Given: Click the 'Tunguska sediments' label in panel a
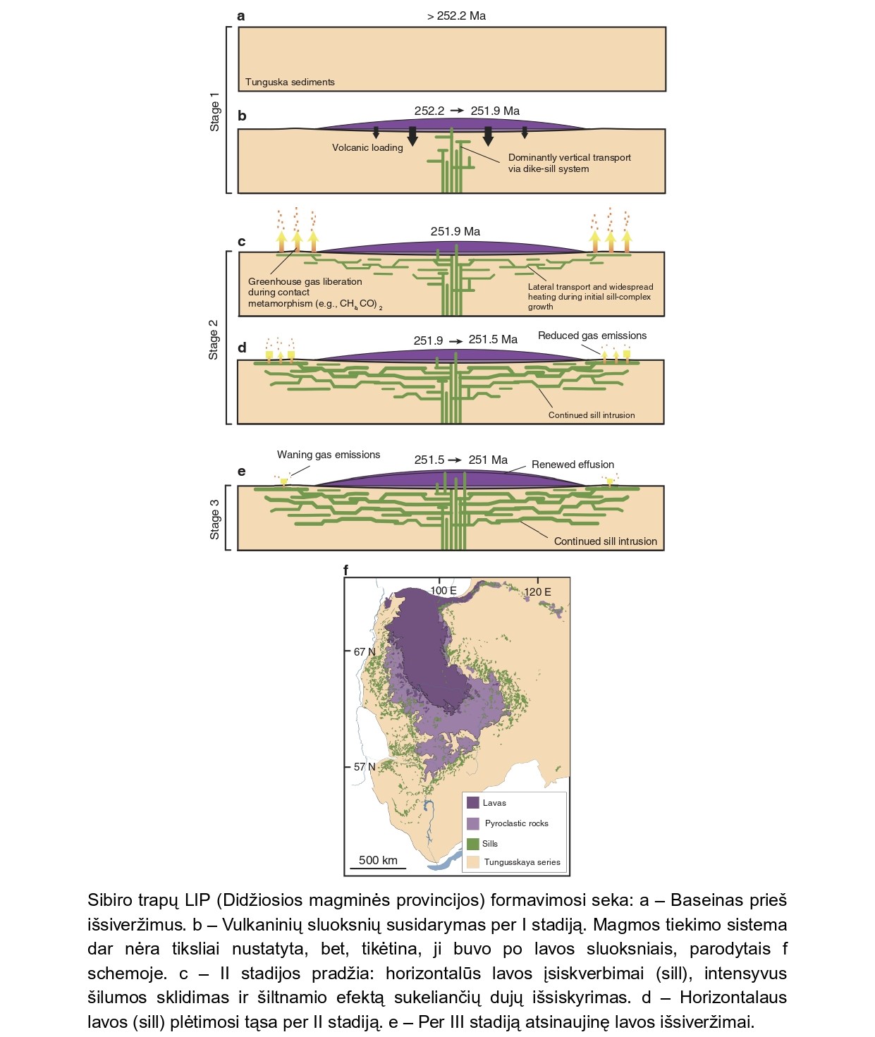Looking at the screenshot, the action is pos(290,82).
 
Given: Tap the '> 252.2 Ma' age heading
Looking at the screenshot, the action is pos(457,16).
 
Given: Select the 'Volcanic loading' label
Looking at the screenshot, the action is pos(367,147).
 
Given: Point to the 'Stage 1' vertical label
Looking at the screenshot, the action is pos(214,112).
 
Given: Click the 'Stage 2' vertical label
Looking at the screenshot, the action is pos(213,340).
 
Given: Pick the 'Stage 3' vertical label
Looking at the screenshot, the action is pos(214,520).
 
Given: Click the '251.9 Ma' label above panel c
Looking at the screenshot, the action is pos(455,231).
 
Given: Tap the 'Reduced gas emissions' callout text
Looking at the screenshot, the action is pos(592,336).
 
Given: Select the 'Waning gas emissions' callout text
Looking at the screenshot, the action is pos(329,455).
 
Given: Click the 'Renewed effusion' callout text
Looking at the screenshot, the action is pos(573,465).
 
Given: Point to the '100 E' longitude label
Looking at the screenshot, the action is pos(443,591).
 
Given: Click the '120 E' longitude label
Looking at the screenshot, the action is pos(537,591).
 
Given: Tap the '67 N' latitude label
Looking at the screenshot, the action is pos(365,651).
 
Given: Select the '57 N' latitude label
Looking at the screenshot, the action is pos(365,767).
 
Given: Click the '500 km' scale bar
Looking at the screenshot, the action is pos(378,868).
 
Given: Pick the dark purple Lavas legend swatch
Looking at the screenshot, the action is pos(472,802).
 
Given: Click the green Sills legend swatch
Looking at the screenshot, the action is pos(472,843).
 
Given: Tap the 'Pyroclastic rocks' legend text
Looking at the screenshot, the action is pos(516,823).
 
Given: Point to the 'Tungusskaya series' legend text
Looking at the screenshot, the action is pos(522,862).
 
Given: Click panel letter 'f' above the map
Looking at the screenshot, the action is pos(345,570).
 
